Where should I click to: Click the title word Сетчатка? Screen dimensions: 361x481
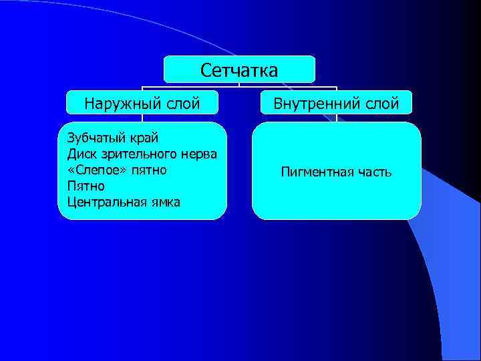(239, 70)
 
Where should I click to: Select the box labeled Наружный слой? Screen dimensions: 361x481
(142, 102)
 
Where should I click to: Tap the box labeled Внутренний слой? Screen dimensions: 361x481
(335, 102)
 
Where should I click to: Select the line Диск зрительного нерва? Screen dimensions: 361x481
(142, 154)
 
